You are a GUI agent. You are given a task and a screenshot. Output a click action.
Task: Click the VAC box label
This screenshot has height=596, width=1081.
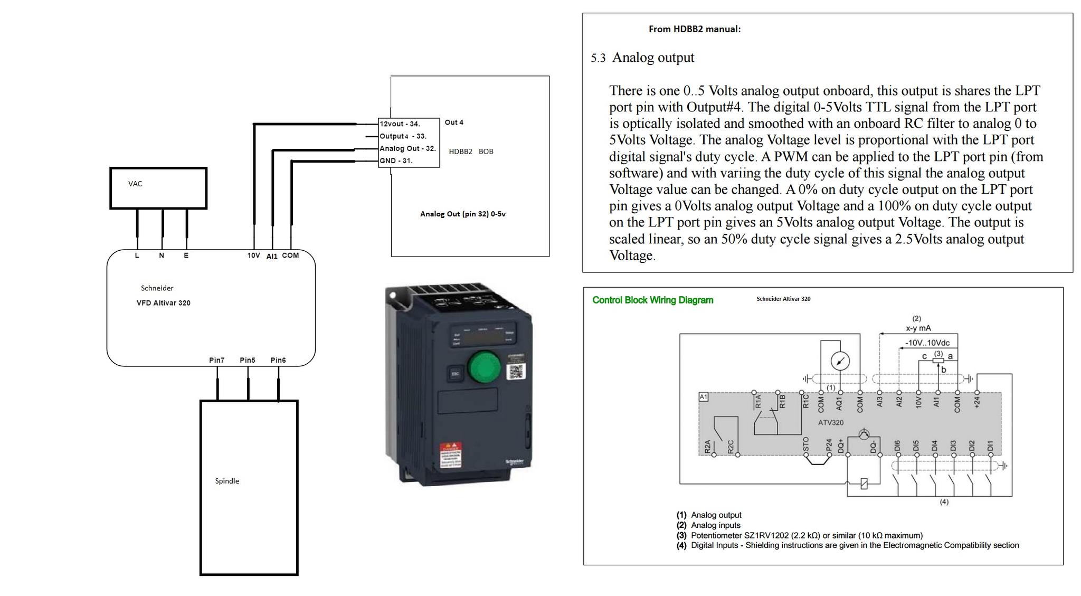click(x=135, y=184)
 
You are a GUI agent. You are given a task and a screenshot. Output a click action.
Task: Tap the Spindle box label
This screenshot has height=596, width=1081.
click(x=227, y=481)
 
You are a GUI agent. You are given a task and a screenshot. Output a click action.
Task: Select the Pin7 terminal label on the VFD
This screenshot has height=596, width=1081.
click(x=216, y=360)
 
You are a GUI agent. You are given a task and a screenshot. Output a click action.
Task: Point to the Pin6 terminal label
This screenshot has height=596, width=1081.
click(x=278, y=360)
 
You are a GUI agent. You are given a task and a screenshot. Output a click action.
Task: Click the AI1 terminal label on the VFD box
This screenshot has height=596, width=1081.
click(x=272, y=256)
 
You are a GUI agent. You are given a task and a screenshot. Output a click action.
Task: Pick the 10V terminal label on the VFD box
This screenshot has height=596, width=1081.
click(x=253, y=256)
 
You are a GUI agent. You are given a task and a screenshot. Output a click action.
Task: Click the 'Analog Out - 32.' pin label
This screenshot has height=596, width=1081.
click(x=407, y=148)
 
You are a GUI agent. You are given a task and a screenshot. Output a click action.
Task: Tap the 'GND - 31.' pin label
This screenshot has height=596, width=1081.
click(x=396, y=160)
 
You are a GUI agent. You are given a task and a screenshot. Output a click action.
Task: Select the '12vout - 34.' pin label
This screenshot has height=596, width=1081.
click(x=400, y=124)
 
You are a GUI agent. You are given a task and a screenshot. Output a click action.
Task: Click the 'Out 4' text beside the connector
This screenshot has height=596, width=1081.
click(x=454, y=122)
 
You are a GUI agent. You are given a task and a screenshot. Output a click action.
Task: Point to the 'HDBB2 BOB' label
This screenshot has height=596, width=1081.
click(x=471, y=152)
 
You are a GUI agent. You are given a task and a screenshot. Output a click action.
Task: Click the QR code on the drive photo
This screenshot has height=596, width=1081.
click(x=515, y=372)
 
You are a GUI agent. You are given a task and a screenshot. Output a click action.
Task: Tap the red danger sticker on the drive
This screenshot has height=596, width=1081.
click(x=451, y=455)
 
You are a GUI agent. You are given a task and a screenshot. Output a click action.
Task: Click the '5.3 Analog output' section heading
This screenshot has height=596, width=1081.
click(x=642, y=58)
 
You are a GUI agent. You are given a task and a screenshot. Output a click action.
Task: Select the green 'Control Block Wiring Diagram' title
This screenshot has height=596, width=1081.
click(x=652, y=300)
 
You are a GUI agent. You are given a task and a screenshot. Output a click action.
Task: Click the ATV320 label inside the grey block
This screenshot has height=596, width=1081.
click(x=831, y=422)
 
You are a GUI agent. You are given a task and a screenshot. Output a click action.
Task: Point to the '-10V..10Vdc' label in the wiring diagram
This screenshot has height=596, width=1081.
click(x=927, y=343)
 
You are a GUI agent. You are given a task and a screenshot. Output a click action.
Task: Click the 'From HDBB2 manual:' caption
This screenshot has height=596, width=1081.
click(x=695, y=29)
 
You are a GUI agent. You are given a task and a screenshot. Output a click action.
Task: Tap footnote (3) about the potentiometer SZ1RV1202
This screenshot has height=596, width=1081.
click(x=800, y=535)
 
